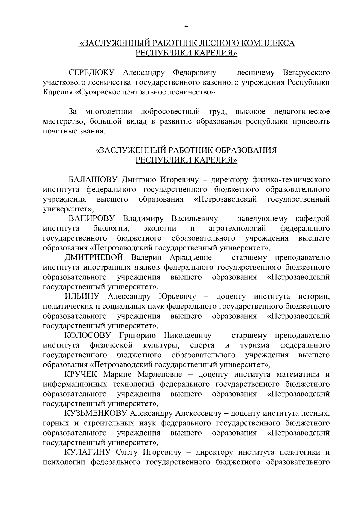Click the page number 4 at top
coord(186,26)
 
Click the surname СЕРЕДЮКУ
coord(92,73)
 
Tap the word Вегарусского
coord(306,73)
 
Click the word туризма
coord(255,345)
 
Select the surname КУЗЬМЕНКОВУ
coord(96,413)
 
